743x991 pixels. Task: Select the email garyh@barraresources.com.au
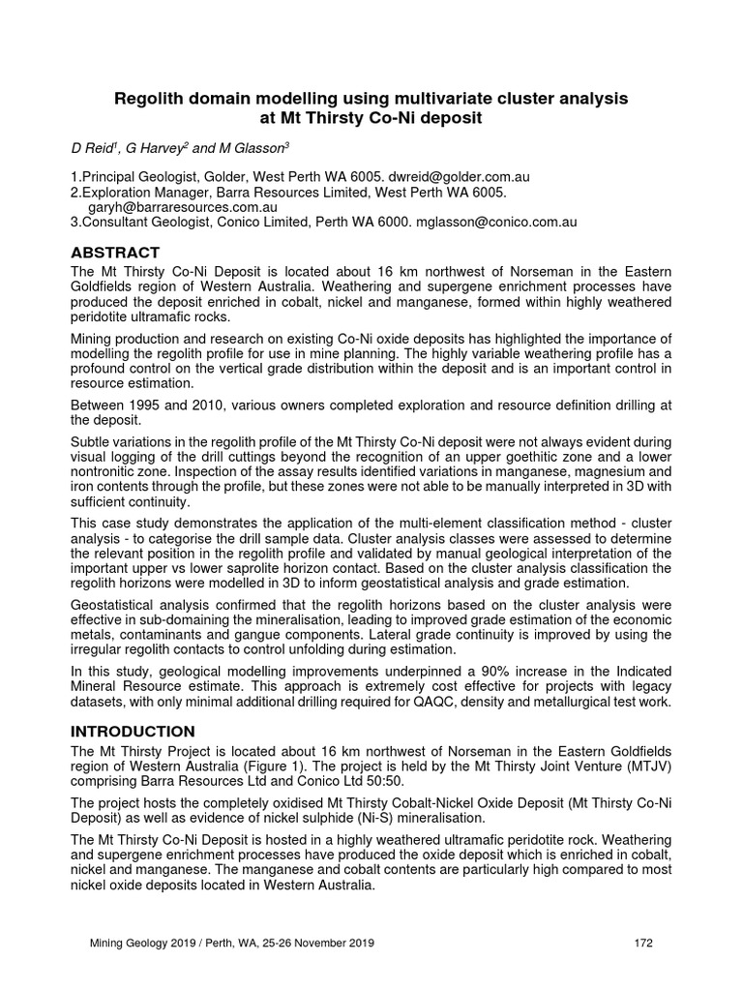click(x=182, y=206)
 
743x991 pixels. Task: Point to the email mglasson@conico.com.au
click(x=496, y=222)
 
